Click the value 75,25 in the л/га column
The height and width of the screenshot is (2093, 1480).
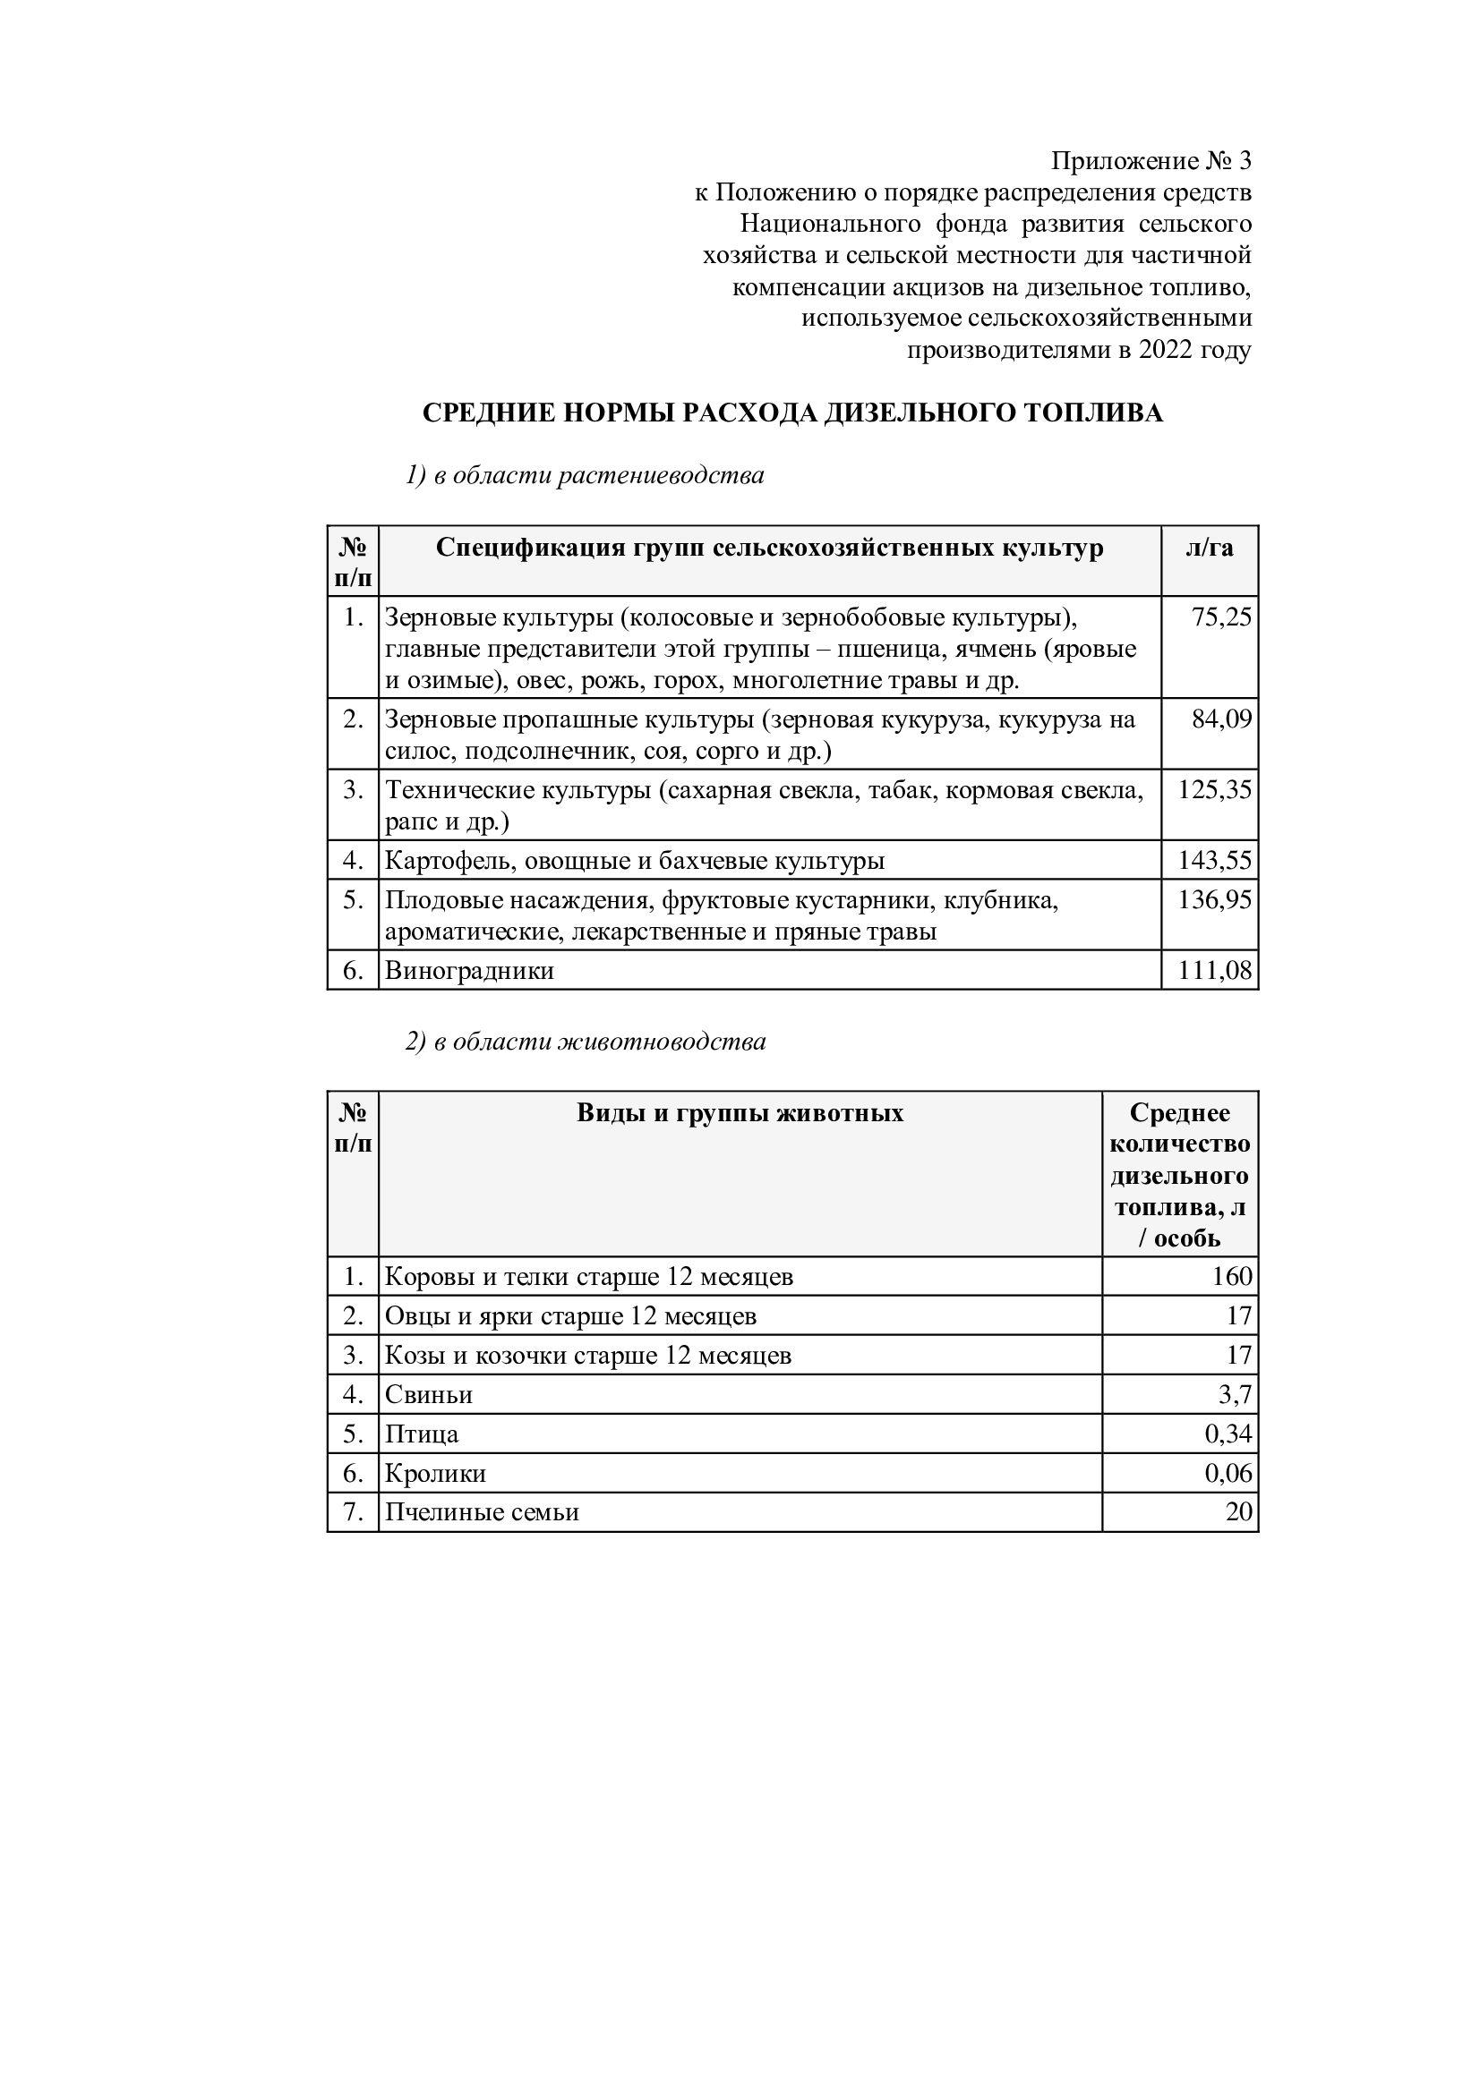[x=1221, y=618]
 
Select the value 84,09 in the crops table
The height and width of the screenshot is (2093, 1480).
[x=1221, y=720]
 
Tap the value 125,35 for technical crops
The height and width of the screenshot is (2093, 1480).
[x=1215, y=789]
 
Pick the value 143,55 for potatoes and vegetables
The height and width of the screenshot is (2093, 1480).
[x=1215, y=861]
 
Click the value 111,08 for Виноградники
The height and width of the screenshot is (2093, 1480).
[x=1215, y=971]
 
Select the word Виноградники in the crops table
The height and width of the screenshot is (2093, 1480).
[x=469, y=971]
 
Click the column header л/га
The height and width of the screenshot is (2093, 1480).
[x=1210, y=548]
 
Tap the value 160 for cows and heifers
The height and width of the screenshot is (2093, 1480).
[x=1231, y=1276]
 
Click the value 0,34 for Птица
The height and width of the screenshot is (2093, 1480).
[x=1228, y=1434]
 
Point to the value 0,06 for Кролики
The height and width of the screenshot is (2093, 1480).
[x=1228, y=1473]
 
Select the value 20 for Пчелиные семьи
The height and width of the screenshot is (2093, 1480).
[x=1238, y=1512]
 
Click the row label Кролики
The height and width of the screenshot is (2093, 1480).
[x=435, y=1474]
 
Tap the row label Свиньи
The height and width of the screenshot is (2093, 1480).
[x=429, y=1395]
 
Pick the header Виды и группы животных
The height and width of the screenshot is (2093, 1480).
[x=740, y=1113]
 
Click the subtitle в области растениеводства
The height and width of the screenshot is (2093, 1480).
[x=598, y=475]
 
